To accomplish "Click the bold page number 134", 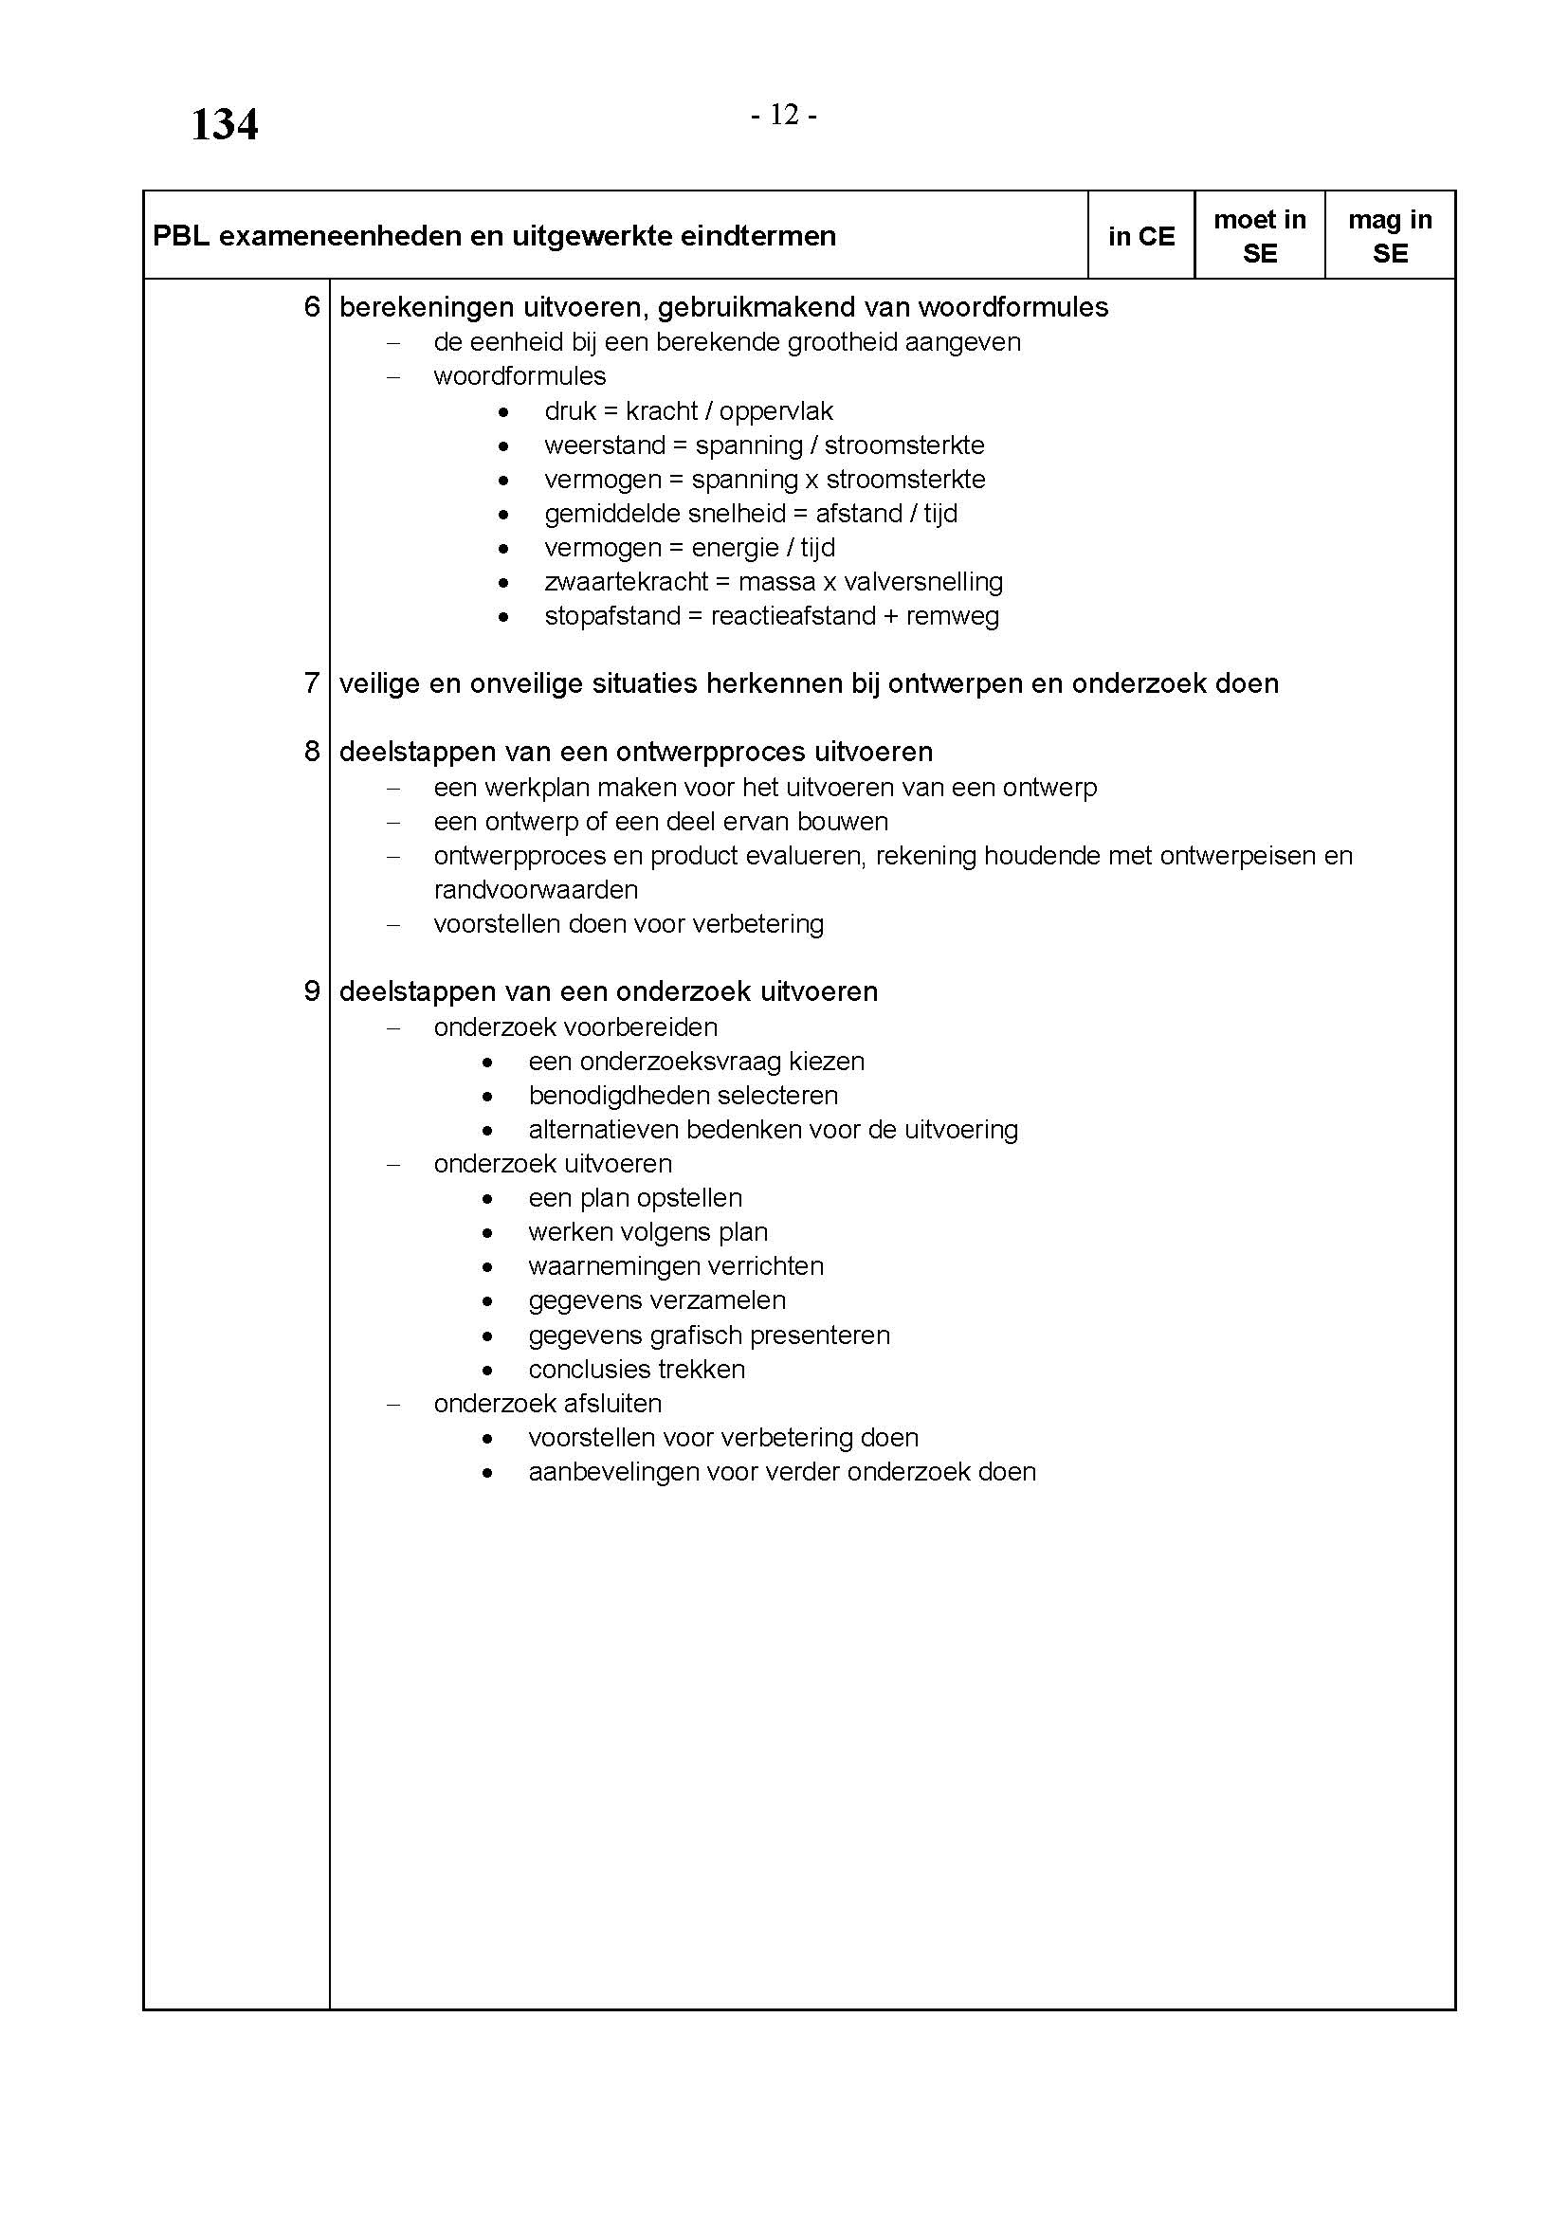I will click(224, 125).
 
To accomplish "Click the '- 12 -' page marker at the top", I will click(784, 116).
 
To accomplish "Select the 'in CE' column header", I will click(1141, 237).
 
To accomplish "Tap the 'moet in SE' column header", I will click(1259, 237).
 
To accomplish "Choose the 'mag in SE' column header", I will click(1390, 237).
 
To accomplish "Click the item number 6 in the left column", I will click(312, 307).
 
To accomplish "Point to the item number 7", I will click(312, 683).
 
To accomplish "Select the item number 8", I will click(312, 752).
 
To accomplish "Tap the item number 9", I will click(312, 991).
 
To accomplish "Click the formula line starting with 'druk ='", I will click(688, 411).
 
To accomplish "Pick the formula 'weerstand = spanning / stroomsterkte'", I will click(764, 445).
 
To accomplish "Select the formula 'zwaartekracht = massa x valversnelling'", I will click(774, 582).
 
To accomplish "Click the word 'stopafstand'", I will click(612, 616).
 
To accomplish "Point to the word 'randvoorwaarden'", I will click(536, 889).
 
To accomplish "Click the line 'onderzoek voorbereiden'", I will click(575, 1027).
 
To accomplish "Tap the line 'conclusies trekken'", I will click(636, 1370).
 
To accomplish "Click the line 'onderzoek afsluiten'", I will click(547, 1404).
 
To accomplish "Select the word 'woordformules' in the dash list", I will click(520, 376).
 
